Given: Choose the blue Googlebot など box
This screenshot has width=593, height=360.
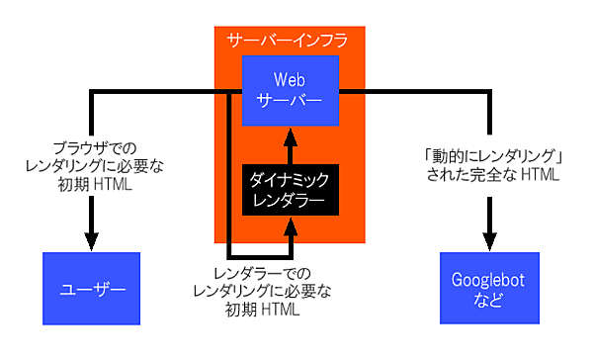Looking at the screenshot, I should (489, 289).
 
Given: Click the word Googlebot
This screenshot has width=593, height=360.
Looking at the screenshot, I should (489, 279).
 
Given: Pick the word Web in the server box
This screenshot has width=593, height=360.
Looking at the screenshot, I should (291, 76).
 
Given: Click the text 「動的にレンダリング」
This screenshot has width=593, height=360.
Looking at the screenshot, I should (489, 156).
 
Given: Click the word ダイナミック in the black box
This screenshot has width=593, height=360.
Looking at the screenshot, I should (290, 179).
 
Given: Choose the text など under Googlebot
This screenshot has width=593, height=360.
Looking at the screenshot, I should (489, 299).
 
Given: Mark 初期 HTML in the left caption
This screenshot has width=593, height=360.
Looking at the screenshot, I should (91, 184).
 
